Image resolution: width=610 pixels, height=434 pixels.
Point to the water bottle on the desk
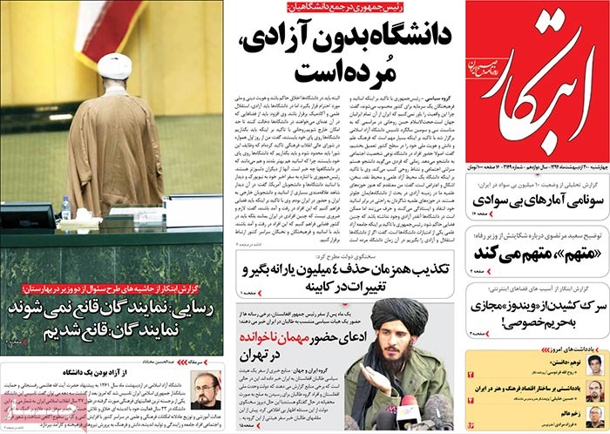pos(66,207)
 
